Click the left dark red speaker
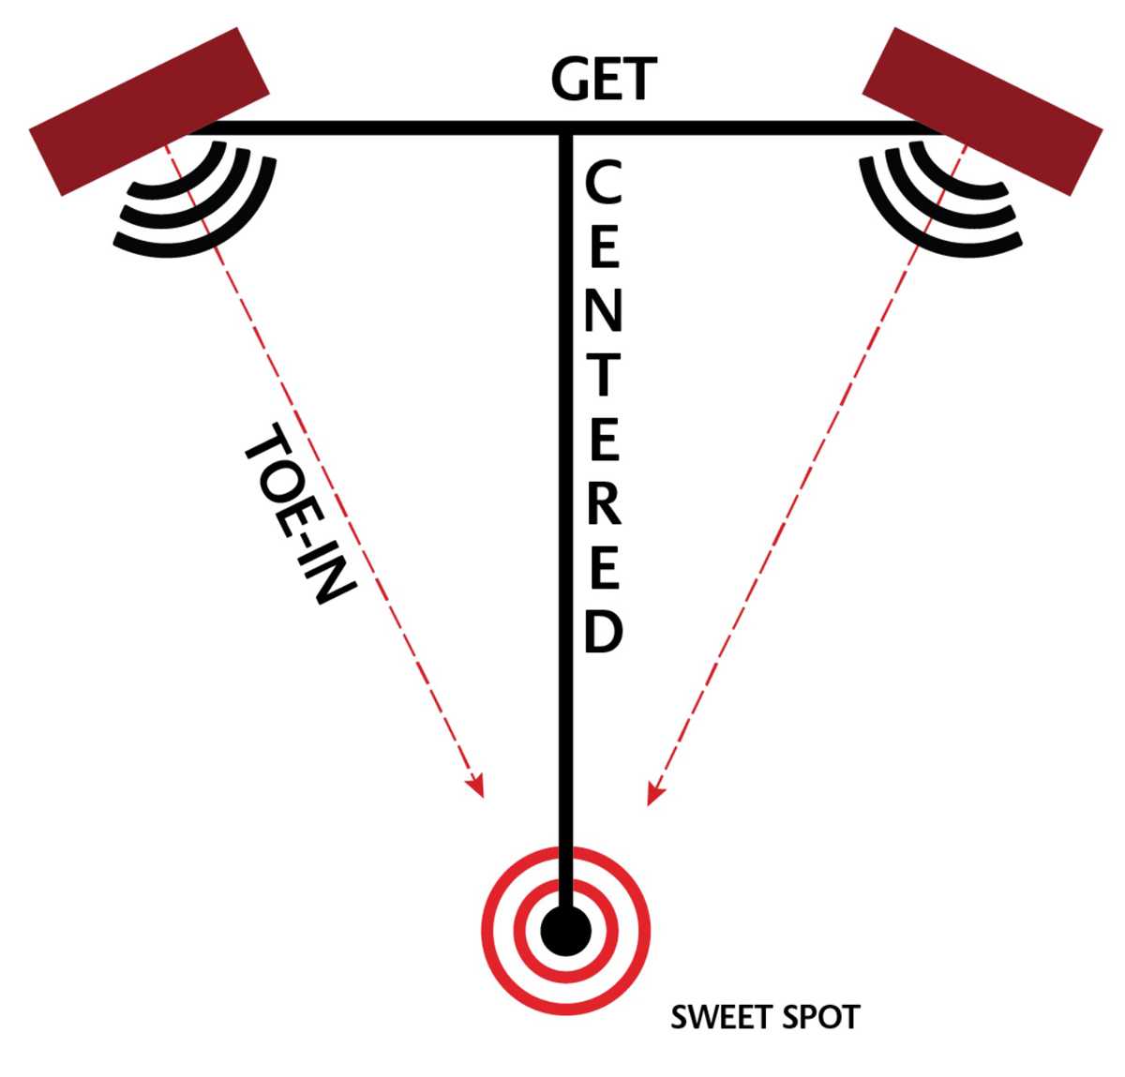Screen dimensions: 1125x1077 148,112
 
